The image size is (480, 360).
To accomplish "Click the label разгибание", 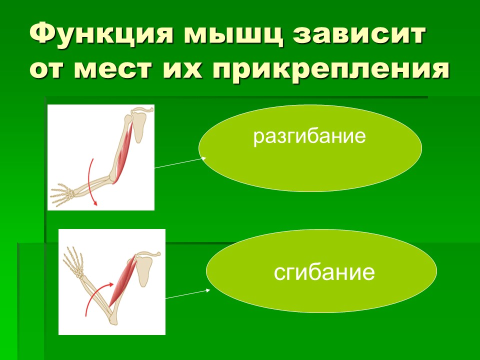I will point(310,136).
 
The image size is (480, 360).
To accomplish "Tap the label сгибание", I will point(324,272).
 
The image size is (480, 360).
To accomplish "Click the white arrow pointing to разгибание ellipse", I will point(180,163).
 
